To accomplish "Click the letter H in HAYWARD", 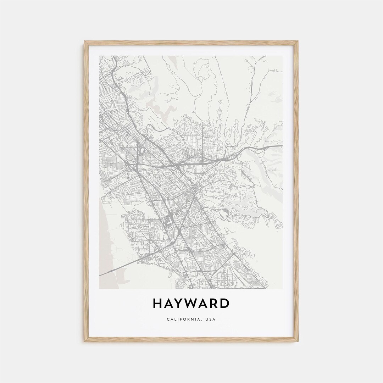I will pyautogui.click(x=158, y=304).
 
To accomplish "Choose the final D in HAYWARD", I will pyautogui.click(x=225, y=304).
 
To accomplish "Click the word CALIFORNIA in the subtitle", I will pyautogui.click(x=183, y=319).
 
